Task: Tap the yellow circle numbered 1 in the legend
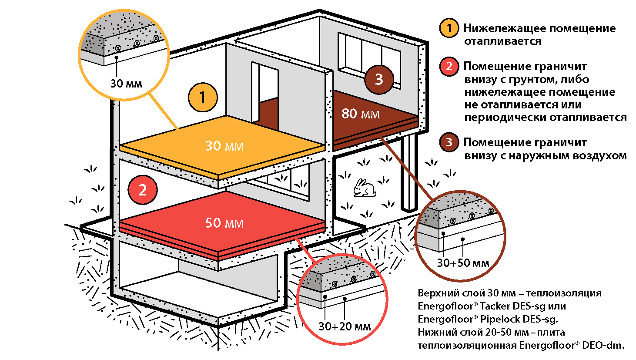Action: coord(449,28)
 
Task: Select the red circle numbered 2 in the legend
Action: coord(449,67)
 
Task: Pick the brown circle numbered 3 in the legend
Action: coord(449,142)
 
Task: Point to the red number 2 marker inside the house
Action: coord(142,190)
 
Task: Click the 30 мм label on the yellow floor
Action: coord(224,146)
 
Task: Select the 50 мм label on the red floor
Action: coord(224,223)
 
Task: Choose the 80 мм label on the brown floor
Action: coord(360,114)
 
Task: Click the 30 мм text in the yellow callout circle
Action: coord(126,83)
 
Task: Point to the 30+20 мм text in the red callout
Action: coord(345,326)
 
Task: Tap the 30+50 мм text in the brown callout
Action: coord(463,263)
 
